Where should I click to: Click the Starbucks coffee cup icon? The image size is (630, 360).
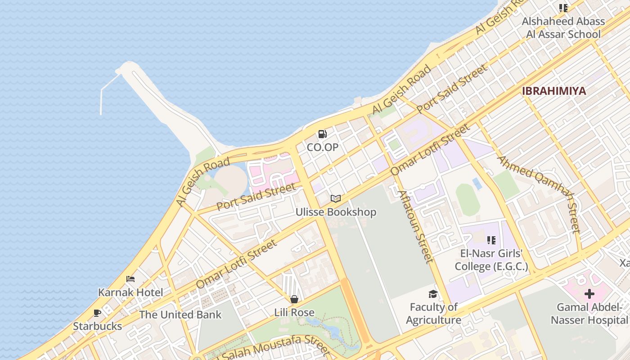[x=97, y=313]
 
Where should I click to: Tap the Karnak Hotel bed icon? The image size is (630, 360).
[x=130, y=279]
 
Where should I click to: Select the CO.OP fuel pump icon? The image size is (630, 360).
[x=322, y=134]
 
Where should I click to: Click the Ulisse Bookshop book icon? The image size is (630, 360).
[x=336, y=198]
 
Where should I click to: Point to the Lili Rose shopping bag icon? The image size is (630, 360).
[x=294, y=299]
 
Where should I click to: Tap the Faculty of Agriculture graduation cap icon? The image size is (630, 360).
[x=433, y=294]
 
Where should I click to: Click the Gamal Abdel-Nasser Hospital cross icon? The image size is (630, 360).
[x=589, y=294]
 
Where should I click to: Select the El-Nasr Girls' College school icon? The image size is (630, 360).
[x=491, y=240]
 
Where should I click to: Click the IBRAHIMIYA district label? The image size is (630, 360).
[x=554, y=91]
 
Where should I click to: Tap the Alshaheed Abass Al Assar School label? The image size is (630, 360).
[x=563, y=28]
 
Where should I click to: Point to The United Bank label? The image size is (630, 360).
[x=180, y=315]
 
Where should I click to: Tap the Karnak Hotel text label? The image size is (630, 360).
[x=130, y=292]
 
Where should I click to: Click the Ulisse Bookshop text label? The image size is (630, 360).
[x=336, y=212]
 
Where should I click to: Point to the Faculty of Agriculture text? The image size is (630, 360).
[x=433, y=314]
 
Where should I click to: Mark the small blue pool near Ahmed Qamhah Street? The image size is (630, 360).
[x=477, y=183]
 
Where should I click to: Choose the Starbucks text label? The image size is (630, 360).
[x=97, y=326]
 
